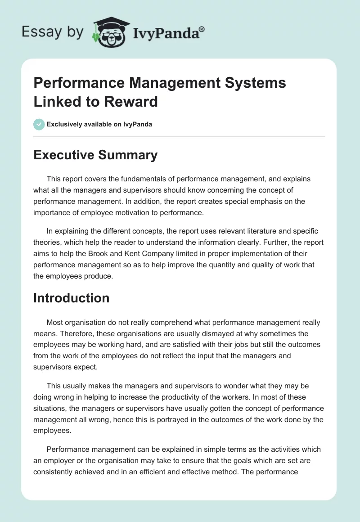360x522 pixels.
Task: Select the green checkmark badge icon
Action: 39,124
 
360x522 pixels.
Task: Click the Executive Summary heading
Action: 95,155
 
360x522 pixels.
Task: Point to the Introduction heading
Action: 71,298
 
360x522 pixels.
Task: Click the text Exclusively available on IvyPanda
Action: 99,124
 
